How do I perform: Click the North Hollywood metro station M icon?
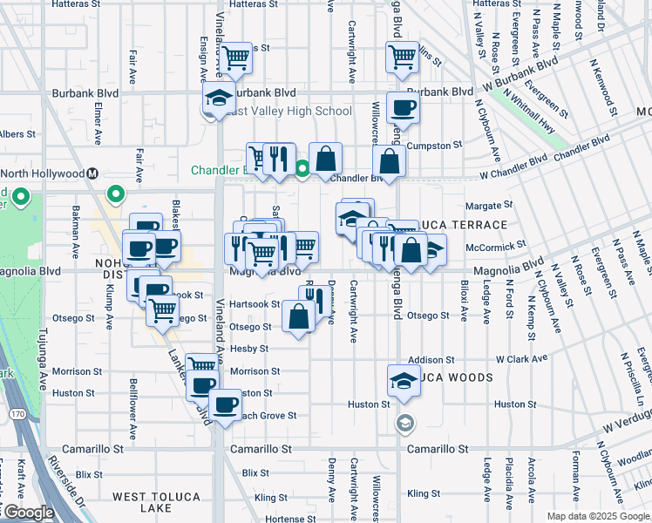coord(92,173)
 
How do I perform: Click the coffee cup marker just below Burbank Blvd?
coord(403,108)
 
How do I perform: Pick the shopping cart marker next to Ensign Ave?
coord(234,59)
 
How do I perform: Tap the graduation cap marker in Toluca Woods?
coord(404,381)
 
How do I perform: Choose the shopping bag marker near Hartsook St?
coord(298,317)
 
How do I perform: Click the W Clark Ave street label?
coord(521,358)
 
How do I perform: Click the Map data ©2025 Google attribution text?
coord(597,516)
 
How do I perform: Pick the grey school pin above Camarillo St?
coord(404,424)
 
